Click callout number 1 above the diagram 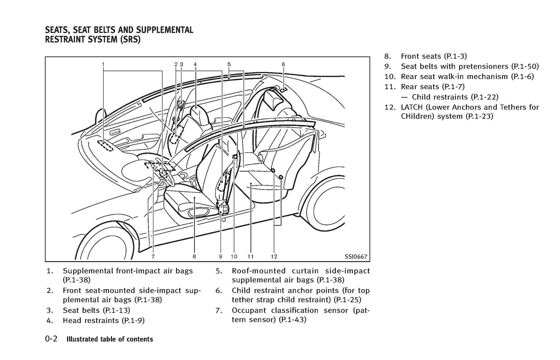(x=103, y=64)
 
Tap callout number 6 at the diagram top (x=283, y=64)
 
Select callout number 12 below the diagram (x=274, y=256)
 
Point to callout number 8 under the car (x=194, y=256)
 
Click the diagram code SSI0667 (x=356, y=256)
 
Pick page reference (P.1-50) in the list (x=525, y=66)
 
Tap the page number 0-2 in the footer (x=51, y=339)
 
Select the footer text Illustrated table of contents (x=110, y=339)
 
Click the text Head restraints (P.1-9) (x=103, y=320)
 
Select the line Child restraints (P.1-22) (x=455, y=97)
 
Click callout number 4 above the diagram (x=195, y=64)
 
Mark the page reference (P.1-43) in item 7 (x=292, y=320)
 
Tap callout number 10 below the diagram (x=234, y=256)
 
